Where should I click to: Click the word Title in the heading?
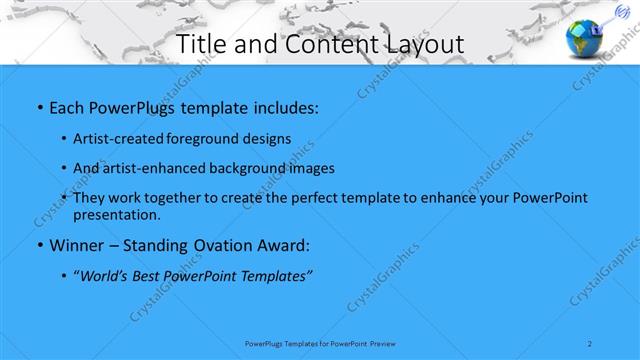coord(202,44)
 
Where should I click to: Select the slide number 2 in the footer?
coord(591,343)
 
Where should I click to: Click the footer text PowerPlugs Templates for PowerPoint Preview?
coord(320,343)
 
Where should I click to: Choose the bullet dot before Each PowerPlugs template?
coord(38,106)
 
